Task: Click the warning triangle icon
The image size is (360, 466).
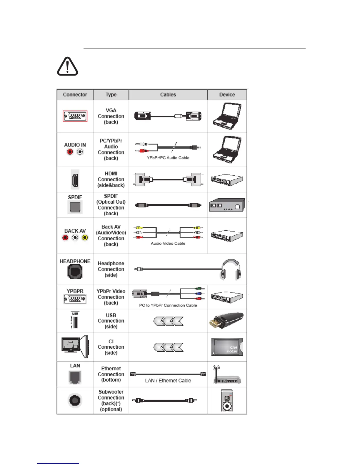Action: pyautogui.click(x=67, y=66)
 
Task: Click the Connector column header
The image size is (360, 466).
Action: pyautogui.click(x=75, y=95)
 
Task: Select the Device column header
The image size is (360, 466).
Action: pyautogui.click(x=227, y=95)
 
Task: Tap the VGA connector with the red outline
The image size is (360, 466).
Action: pyautogui.click(x=75, y=116)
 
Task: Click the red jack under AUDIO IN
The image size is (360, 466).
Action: pyautogui.click(x=70, y=152)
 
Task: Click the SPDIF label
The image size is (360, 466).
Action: pyautogui.click(x=75, y=197)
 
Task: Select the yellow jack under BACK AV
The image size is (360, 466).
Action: pyautogui.click(x=85, y=238)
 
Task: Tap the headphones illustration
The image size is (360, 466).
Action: pyautogui.click(x=231, y=269)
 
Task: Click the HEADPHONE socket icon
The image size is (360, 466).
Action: pyautogui.click(x=75, y=272)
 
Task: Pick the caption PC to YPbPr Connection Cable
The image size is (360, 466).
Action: pyautogui.click(x=168, y=305)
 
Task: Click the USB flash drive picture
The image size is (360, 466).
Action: pyautogui.click(x=226, y=320)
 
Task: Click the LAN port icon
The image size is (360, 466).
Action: pyautogui.click(x=75, y=377)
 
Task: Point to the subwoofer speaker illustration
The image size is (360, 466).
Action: pyautogui.click(x=227, y=400)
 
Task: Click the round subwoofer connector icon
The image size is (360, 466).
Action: pyautogui.click(x=75, y=400)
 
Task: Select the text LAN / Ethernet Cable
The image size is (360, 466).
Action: pyautogui.click(x=168, y=381)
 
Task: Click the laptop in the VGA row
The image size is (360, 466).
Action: pyautogui.click(x=227, y=116)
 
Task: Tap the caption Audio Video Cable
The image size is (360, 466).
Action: pyautogui.click(x=168, y=243)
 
